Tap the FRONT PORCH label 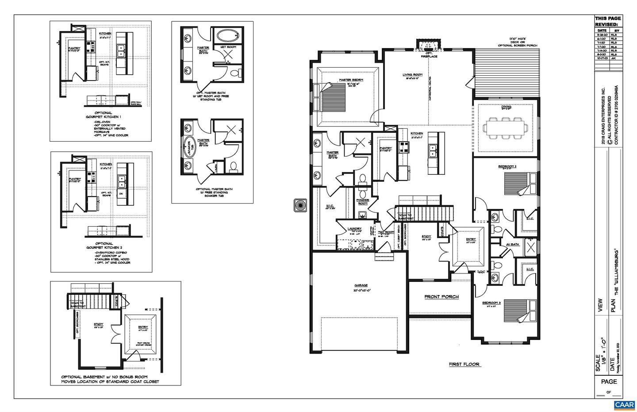441,296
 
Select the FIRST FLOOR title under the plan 464,364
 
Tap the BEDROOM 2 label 507,166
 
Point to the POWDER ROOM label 363,201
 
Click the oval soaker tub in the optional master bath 188,146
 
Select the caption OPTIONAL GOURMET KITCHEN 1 103,115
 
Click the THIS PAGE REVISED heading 607,21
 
